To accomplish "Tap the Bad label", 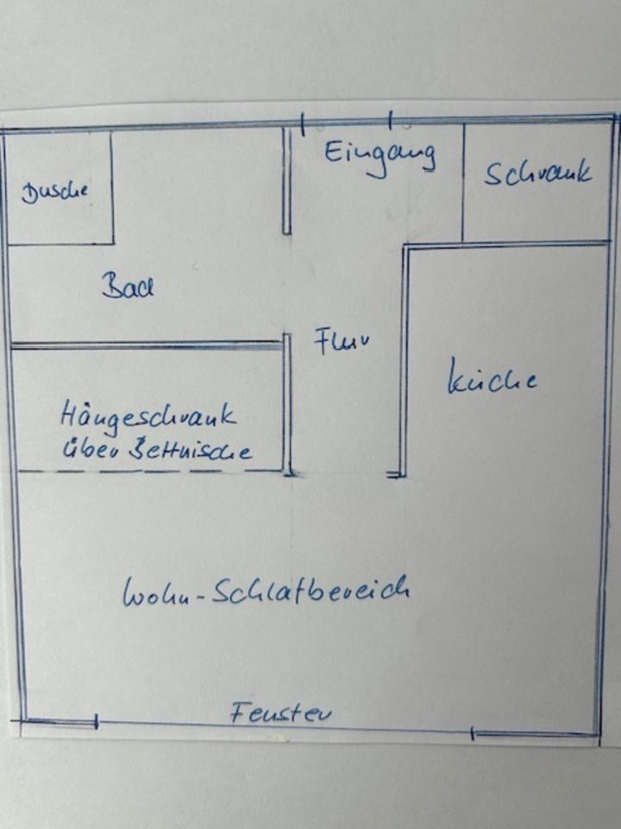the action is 128,286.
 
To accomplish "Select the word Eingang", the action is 379,155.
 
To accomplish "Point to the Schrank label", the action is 538,174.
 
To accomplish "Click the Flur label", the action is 342,341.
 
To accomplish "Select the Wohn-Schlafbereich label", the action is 266,591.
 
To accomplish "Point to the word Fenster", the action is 281,713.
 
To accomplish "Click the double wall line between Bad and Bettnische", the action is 147,345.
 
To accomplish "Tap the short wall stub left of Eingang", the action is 286,181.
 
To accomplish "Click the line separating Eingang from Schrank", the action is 463,181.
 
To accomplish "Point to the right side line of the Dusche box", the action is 112,187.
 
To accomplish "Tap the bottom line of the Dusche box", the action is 60,244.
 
